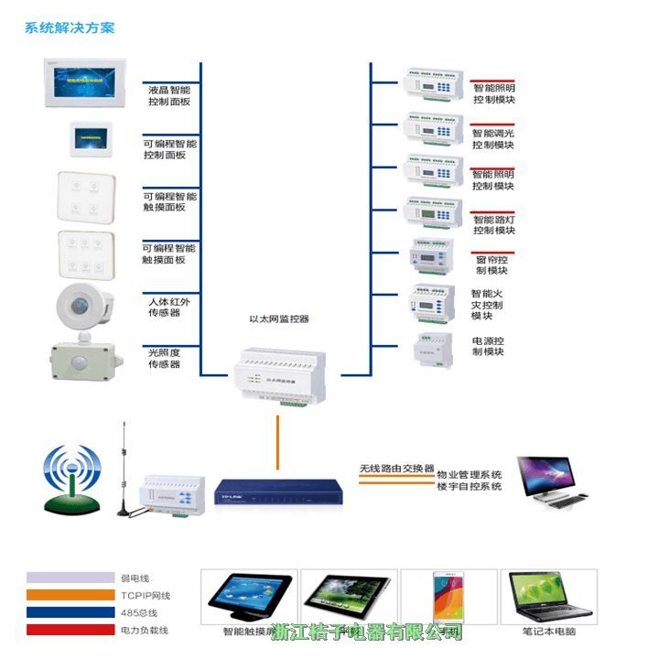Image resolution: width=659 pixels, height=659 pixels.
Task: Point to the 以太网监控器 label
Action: coord(279,319)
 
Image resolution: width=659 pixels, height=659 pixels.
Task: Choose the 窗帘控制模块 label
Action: coord(491,265)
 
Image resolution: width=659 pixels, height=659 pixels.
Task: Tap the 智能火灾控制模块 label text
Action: coord(487,305)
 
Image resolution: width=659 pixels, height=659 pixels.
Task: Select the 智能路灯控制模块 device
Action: coord(432,216)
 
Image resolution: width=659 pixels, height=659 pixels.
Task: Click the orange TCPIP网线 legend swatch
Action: coord(67,595)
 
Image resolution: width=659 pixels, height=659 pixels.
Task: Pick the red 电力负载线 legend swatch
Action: coord(67,630)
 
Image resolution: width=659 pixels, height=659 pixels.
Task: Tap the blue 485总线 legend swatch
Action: coord(67,612)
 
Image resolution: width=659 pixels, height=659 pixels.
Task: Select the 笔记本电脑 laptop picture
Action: coord(549,595)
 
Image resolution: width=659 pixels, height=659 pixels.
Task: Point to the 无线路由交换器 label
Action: coord(395,469)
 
